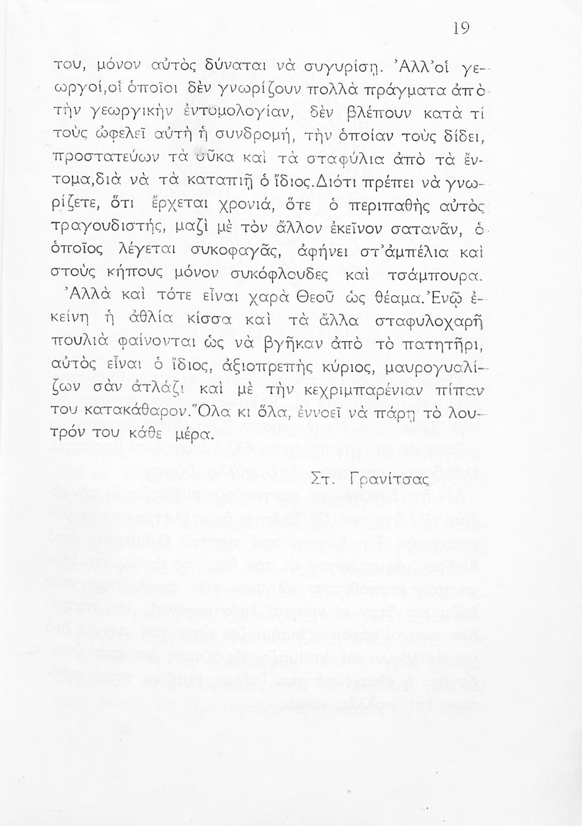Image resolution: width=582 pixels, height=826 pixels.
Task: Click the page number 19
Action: (x=461, y=29)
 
